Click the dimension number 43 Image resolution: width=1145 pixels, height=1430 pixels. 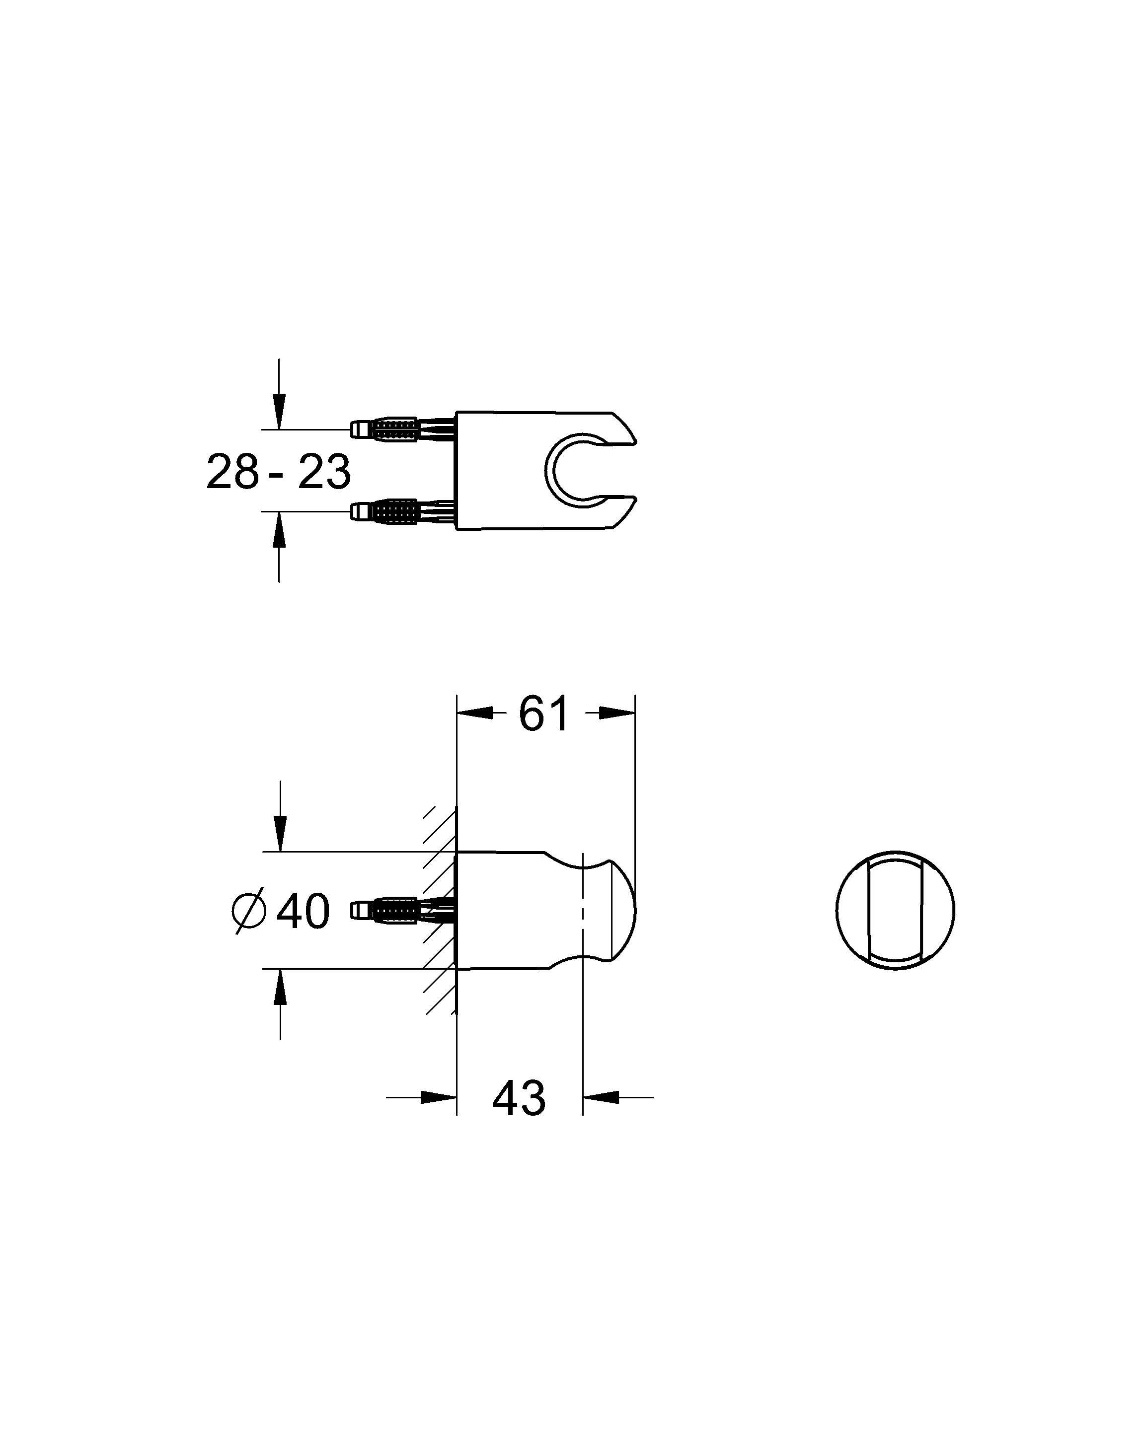pyautogui.click(x=519, y=1098)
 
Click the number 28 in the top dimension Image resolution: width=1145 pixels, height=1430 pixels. pyautogui.click(x=232, y=472)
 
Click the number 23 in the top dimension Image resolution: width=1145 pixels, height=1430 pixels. pyautogui.click(x=324, y=472)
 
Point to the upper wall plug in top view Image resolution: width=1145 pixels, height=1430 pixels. pyautogui.click(x=403, y=429)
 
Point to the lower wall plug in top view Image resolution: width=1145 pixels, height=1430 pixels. pyautogui.click(x=403, y=511)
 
